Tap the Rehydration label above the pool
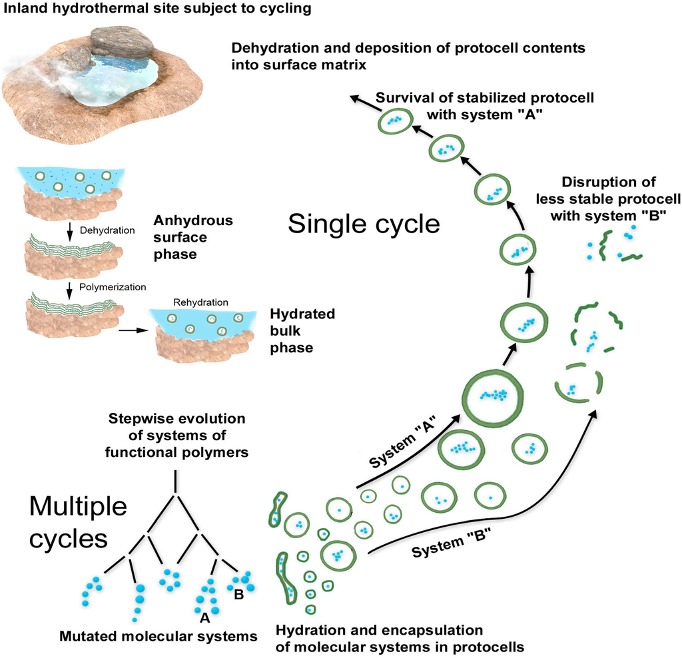coord(196,302)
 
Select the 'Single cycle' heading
coord(364,224)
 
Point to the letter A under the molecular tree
coord(205,617)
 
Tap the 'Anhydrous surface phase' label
coord(185,238)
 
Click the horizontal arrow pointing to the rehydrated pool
coord(132,328)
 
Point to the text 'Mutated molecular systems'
coord(158,636)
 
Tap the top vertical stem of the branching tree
coord(175,482)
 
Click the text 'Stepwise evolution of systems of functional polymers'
coord(176,436)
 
